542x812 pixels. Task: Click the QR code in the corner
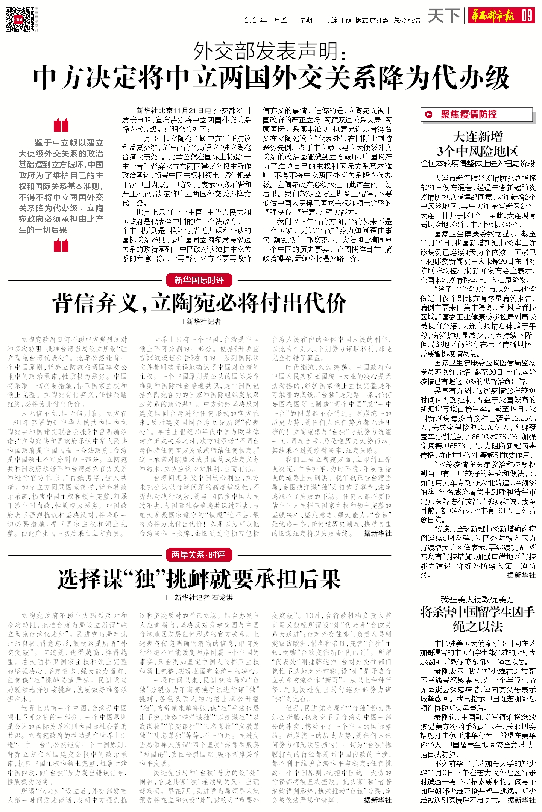click(18, 19)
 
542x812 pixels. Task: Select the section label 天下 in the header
click(444, 16)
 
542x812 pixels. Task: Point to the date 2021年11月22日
click(269, 20)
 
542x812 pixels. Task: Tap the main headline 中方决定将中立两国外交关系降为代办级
click(271, 78)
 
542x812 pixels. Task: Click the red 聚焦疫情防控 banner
click(476, 115)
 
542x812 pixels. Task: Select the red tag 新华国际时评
click(199, 280)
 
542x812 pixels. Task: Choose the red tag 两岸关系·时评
click(199, 555)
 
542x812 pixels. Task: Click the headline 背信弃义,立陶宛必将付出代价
click(199, 303)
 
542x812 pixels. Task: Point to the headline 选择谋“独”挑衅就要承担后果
click(199, 579)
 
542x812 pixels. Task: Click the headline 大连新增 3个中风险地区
click(478, 144)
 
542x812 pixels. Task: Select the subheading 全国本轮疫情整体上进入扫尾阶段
click(478, 164)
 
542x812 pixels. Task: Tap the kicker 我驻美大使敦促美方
click(478, 599)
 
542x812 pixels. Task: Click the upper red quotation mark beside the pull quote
click(61, 125)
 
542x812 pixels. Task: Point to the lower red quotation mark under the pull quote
click(61, 246)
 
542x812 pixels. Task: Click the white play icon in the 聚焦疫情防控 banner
click(428, 115)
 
